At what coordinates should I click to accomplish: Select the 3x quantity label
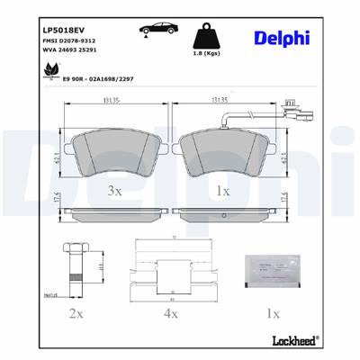point(114,192)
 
